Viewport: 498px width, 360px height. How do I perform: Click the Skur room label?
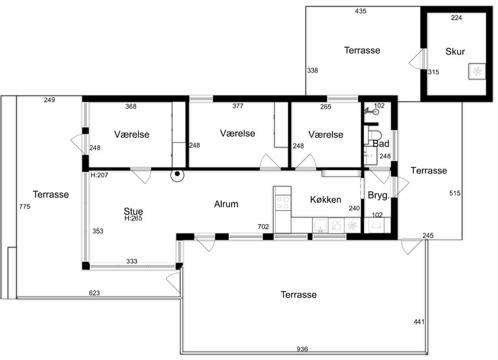pyautogui.click(x=455, y=51)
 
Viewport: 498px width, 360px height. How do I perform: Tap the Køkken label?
pyautogui.click(x=326, y=200)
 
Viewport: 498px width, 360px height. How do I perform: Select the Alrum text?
pyautogui.click(x=226, y=204)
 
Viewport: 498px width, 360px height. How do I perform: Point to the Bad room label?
pyautogui.click(x=381, y=144)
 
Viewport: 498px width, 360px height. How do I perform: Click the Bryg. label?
pyautogui.click(x=379, y=195)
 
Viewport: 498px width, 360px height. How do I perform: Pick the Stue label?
pyautogui.click(x=133, y=211)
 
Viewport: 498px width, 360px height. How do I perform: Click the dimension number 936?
pyautogui.click(x=302, y=349)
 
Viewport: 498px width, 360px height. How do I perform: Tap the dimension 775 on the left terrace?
pyautogui.click(x=25, y=206)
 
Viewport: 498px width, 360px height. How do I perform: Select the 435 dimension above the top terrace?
pyautogui.click(x=361, y=11)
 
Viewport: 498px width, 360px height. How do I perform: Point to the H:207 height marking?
pyautogui.click(x=100, y=175)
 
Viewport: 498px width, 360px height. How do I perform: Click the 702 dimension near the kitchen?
pyautogui.click(x=264, y=227)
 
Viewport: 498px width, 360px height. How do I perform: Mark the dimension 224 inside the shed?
pyautogui.click(x=457, y=18)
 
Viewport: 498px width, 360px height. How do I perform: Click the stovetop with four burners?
pyautogui.click(x=283, y=202)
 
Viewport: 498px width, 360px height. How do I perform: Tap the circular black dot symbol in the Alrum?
pyautogui.click(x=177, y=174)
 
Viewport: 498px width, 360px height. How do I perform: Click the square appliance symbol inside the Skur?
pyautogui.click(x=477, y=72)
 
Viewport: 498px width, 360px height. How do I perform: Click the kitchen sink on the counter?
pyautogui.click(x=320, y=226)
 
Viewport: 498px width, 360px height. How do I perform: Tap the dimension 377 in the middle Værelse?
pyautogui.click(x=238, y=106)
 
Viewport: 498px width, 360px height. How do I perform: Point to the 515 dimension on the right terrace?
pyautogui.click(x=455, y=193)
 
